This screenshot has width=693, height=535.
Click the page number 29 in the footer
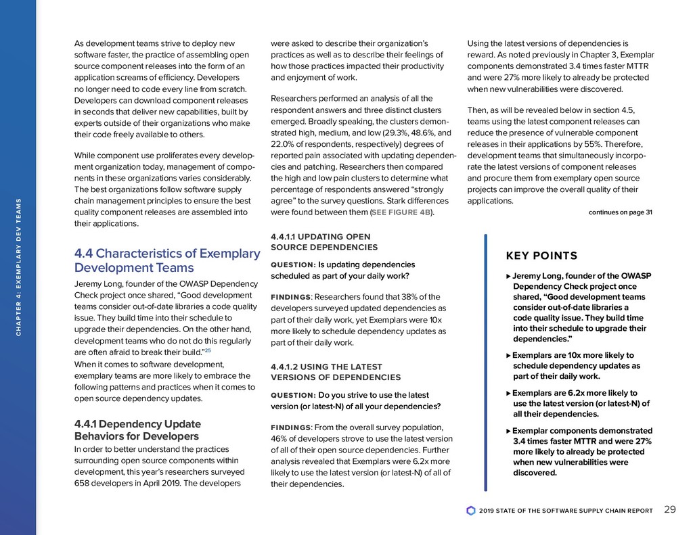tap(670, 510)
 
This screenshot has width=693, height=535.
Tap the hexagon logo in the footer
tap(471, 511)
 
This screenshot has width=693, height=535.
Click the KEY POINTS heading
tap(541, 256)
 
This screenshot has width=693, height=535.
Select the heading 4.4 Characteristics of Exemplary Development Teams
tap(166, 261)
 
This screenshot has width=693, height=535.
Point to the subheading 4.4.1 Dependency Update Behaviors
tap(137, 430)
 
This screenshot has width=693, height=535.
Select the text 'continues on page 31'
tap(620, 213)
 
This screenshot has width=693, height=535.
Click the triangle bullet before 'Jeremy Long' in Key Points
tap(509, 276)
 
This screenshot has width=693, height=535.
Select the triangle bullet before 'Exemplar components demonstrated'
tap(509, 431)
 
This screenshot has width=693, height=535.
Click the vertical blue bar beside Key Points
tap(485, 362)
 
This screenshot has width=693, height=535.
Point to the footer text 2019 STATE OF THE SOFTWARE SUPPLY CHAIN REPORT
tap(565, 511)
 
